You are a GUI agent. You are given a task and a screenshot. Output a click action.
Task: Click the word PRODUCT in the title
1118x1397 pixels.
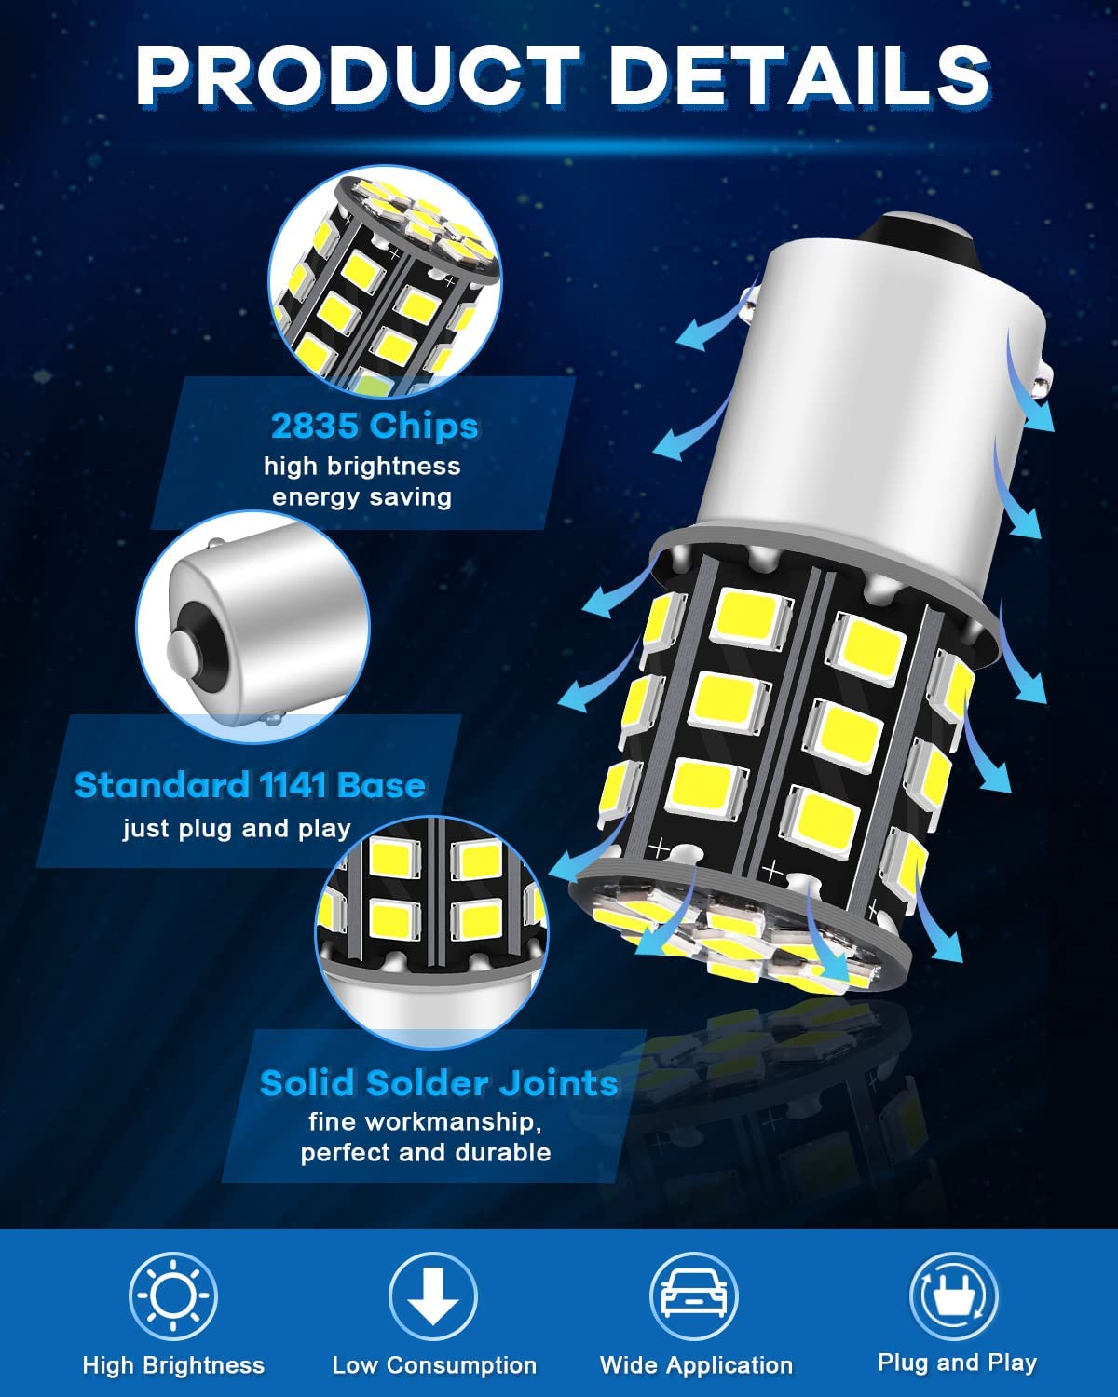[x=357, y=75]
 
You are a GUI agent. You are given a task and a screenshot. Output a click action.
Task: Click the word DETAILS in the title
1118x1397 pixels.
[x=799, y=75]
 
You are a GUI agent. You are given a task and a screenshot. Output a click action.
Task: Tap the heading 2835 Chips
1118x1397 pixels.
[x=375, y=427]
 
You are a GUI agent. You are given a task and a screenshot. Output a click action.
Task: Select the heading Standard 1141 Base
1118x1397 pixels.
[x=250, y=785]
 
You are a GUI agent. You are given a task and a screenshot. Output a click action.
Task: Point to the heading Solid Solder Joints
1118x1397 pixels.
[x=439, y=1083]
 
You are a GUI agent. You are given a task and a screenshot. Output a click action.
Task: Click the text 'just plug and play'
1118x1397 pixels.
[x=238, y=829]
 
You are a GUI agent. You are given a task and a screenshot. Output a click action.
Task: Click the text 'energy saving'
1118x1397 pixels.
[x=361, y=497]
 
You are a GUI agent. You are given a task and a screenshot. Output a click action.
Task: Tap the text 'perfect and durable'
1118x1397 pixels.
[x=426, y=1152]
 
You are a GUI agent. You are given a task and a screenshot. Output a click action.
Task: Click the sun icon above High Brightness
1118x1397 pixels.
[x=172, y=1295]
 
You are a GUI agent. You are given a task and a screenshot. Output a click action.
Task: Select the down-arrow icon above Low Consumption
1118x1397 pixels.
[x=433, y=1295]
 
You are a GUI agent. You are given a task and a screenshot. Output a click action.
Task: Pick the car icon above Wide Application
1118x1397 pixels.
[x=694, y=1295]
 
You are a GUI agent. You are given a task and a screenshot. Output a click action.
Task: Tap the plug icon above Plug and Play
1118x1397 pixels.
[x=954, y=1295]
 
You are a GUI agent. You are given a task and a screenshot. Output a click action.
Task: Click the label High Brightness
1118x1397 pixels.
[x=173, y=1364]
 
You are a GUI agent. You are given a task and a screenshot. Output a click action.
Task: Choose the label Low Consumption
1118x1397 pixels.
[x=434, y=1364]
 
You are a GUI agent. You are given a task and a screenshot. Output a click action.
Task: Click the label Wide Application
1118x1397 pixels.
[x=696, y=1364]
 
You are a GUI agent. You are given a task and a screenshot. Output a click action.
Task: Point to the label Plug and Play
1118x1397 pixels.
[x=958, y=1362]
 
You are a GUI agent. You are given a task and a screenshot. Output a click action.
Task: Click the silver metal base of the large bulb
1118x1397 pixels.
[x=870, y=402]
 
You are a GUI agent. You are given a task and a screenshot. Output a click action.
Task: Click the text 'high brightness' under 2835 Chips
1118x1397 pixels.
[x=361, y=466]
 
